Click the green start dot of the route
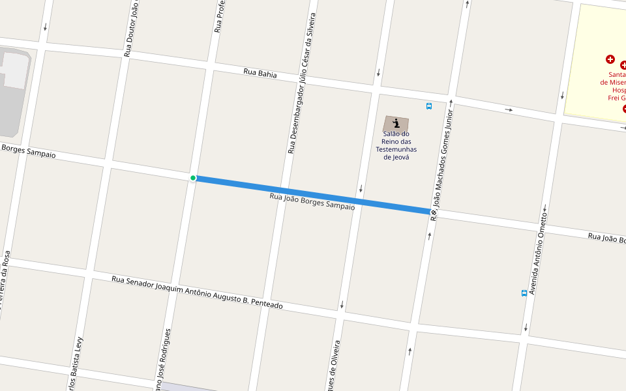click(x=193, y=178)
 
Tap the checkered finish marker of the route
click(x=434, y=212)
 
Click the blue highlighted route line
click(x=313, y=195)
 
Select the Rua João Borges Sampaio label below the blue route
click(x=312, y=201)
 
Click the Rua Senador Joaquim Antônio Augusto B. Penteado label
click(x=197, y=292)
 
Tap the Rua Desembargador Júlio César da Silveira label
click(x=302, y=83)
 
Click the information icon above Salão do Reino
click(x=396, y=123)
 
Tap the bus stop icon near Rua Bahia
click(x=429, y=106)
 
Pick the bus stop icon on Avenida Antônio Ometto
click(x=524, y=293)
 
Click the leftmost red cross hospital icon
click(x=610, y=59)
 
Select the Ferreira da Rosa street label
click(x=5, y=283)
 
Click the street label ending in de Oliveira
click(x=333, y=365)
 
